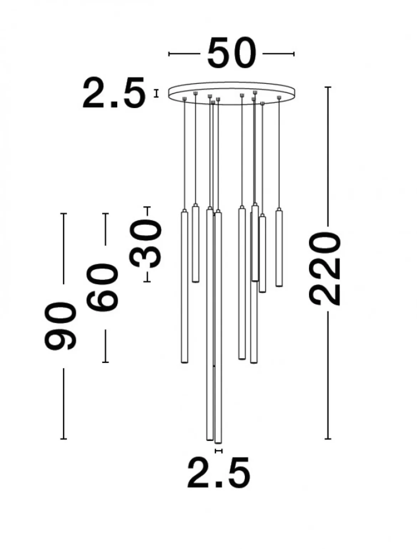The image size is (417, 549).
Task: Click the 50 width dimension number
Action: (x=232, y=53)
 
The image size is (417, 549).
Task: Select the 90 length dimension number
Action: (x=60, y=325)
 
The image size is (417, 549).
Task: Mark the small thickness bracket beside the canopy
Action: (x=156, y=93)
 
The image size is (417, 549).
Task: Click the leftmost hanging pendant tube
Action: (x=185, y=286)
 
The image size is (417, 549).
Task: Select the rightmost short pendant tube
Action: (x=279, y=247)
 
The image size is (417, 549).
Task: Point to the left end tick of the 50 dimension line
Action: (x=169, y=54)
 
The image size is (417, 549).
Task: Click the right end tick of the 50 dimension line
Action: (x=294, y=54)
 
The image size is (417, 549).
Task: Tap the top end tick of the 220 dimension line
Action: (x=328, y=87)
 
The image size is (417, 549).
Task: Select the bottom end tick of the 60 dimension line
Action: (x=105, y=362)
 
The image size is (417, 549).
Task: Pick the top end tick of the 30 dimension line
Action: (x=147, y=207)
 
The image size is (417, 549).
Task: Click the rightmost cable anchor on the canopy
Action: (x=279, y=97)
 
